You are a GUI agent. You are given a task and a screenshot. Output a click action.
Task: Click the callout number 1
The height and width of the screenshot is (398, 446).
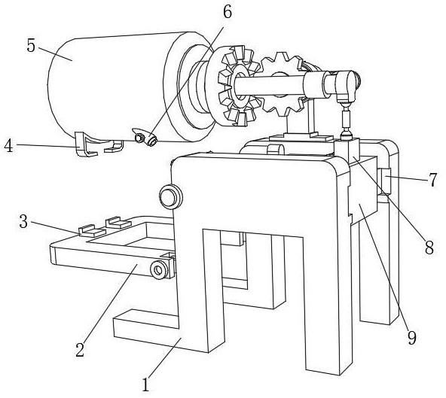pyautogui.click(x=145, y=384)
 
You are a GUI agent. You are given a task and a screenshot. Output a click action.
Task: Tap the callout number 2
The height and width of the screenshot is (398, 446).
pyautogui.click(x=80, y=350)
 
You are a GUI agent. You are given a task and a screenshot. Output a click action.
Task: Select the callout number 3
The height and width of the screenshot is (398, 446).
pyautogui.click(x=23, y=221)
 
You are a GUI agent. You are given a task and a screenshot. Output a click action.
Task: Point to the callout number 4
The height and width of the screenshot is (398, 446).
pyautogui.click(x=8, y=146)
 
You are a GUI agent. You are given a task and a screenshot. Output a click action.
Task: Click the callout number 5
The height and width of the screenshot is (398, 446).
pyautogui.click(x=31, y=45)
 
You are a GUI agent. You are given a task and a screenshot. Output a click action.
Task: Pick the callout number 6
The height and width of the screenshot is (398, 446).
pyautogui.click(x=228, y=11)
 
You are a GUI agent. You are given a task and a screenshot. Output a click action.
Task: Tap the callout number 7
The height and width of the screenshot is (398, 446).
pyautogui.click(x=432, y=180)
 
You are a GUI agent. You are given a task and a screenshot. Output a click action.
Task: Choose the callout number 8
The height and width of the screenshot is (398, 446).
pyautogui.click(x=429, y=247)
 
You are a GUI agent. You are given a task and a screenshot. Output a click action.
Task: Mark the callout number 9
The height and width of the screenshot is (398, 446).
pyautogui.click(x=412, y=338)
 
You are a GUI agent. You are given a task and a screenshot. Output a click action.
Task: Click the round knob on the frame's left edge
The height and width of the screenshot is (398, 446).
pyautogui.click(x=170, y=196)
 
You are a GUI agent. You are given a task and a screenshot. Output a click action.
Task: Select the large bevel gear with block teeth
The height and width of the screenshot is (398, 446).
pyautogui.click(x=238, y=86)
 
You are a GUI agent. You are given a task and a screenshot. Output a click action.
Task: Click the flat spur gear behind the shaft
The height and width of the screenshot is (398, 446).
pyautogui.click(x=282, y=84)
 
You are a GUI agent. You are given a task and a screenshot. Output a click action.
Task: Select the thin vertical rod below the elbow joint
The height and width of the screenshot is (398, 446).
pyautogui.click(x=346, y=120)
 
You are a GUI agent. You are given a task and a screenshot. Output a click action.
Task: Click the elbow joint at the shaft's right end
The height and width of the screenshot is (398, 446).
pyautogui.click(x=345, y=85)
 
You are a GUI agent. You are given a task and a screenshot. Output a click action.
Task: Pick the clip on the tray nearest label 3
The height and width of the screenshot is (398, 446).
pyautogui.click(x=92, y=231)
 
